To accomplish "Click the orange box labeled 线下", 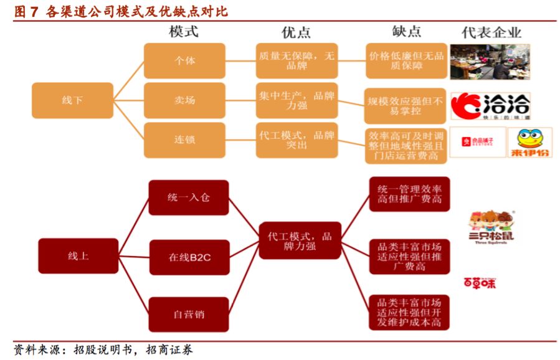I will [72, 100].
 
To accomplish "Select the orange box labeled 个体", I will [184, 60].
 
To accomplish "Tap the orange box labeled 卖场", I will [184, 100].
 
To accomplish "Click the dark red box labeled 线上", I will [78, 255].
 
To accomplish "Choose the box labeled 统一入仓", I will [188, 197].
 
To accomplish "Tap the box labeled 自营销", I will [188, 314].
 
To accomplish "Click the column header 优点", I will [296, 32].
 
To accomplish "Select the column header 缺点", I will [406, 32].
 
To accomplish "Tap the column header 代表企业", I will [491, 32].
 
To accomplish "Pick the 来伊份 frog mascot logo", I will [529, 142].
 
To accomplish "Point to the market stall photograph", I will [489, 61].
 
